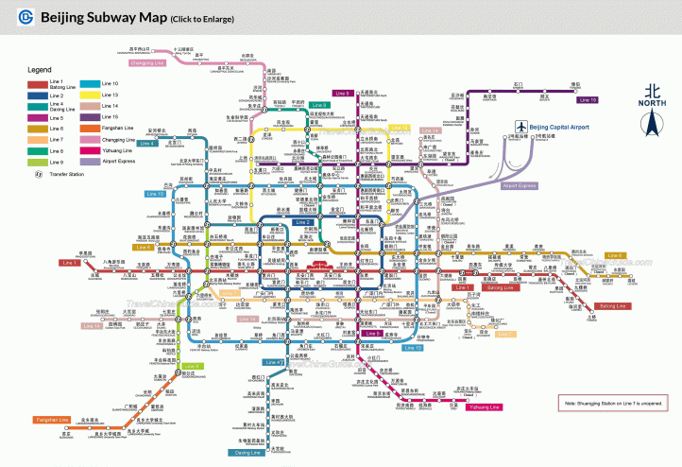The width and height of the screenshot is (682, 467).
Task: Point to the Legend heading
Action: (40, 70)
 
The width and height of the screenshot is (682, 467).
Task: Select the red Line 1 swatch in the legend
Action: (37, 83)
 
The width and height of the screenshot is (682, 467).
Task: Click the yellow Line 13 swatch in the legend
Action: (89, 95)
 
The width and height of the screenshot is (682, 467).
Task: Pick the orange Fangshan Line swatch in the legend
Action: (89, 128)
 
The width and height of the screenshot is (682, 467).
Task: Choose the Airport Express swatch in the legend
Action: (89, 161)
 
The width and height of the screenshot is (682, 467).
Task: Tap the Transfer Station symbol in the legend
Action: (38, 174)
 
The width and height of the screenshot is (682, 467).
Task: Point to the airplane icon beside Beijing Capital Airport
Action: (520, 127)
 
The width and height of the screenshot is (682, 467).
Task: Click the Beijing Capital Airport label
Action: (559, 127)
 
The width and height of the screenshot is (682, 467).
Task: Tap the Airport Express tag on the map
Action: (520, 186)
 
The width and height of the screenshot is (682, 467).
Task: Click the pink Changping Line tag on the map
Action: (146, 62)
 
